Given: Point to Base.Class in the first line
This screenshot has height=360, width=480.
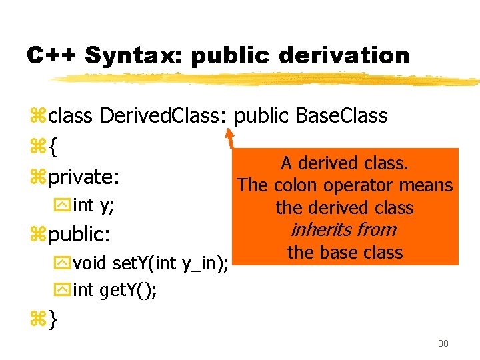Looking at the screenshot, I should (341, 115).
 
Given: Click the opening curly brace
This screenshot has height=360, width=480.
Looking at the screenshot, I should (53, 147).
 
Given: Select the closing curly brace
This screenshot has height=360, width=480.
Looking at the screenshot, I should (53, 320).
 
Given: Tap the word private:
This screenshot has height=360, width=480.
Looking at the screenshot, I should (84, 177).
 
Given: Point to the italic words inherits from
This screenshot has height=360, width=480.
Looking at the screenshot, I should (344, 230).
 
